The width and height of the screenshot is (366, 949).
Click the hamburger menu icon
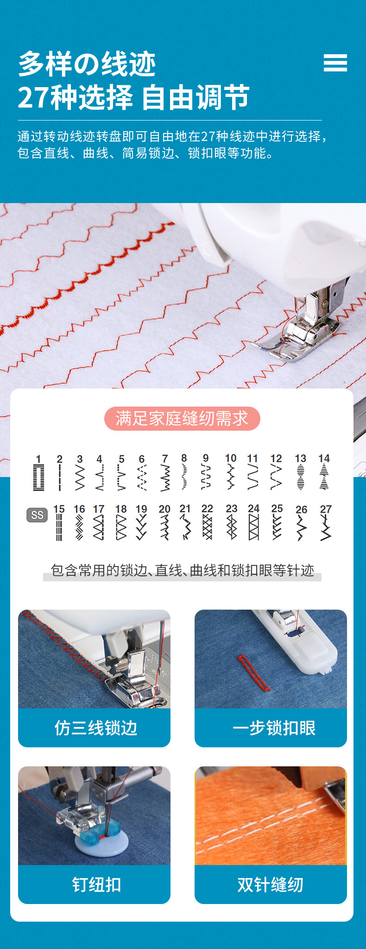pyautogui.click(x=335, y=63)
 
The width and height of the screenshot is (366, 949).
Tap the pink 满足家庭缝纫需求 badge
pyautogui.click(x=182, y=419)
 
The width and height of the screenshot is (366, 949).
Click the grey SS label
pyautogui.click(x=37, y=515)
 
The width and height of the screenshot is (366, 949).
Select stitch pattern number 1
pyautogui.click(x=39, y=478)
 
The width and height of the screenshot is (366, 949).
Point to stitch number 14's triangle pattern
pyautogui.click(x=324, y=477)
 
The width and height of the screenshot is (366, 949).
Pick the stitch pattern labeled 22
pyautogui.click(x=207, y=528)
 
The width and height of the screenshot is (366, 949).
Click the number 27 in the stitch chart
pyautogui.click(x=326, y=509)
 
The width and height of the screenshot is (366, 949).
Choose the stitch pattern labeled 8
pyautogui.click(x=184, y=477)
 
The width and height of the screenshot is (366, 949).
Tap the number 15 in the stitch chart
pyautogui.click(x=59, y=509)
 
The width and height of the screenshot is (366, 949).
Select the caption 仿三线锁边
pyautogui.click(x=96, y=728)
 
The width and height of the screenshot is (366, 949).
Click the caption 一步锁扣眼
pyautogui.click(x=274, y=728)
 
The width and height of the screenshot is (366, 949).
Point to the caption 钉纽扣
pyautogui.click(x=96, y=885)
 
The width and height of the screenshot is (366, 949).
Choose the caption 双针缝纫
pyautogui.click(x=271, y=885)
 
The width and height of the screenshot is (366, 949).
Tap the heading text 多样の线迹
pyautogui.click(x=87, y=64)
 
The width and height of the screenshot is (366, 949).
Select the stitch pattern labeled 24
pyautogui.click(x=253, y=528)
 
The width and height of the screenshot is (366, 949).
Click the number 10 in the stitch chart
pyautogui.click(x=230, y=458)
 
